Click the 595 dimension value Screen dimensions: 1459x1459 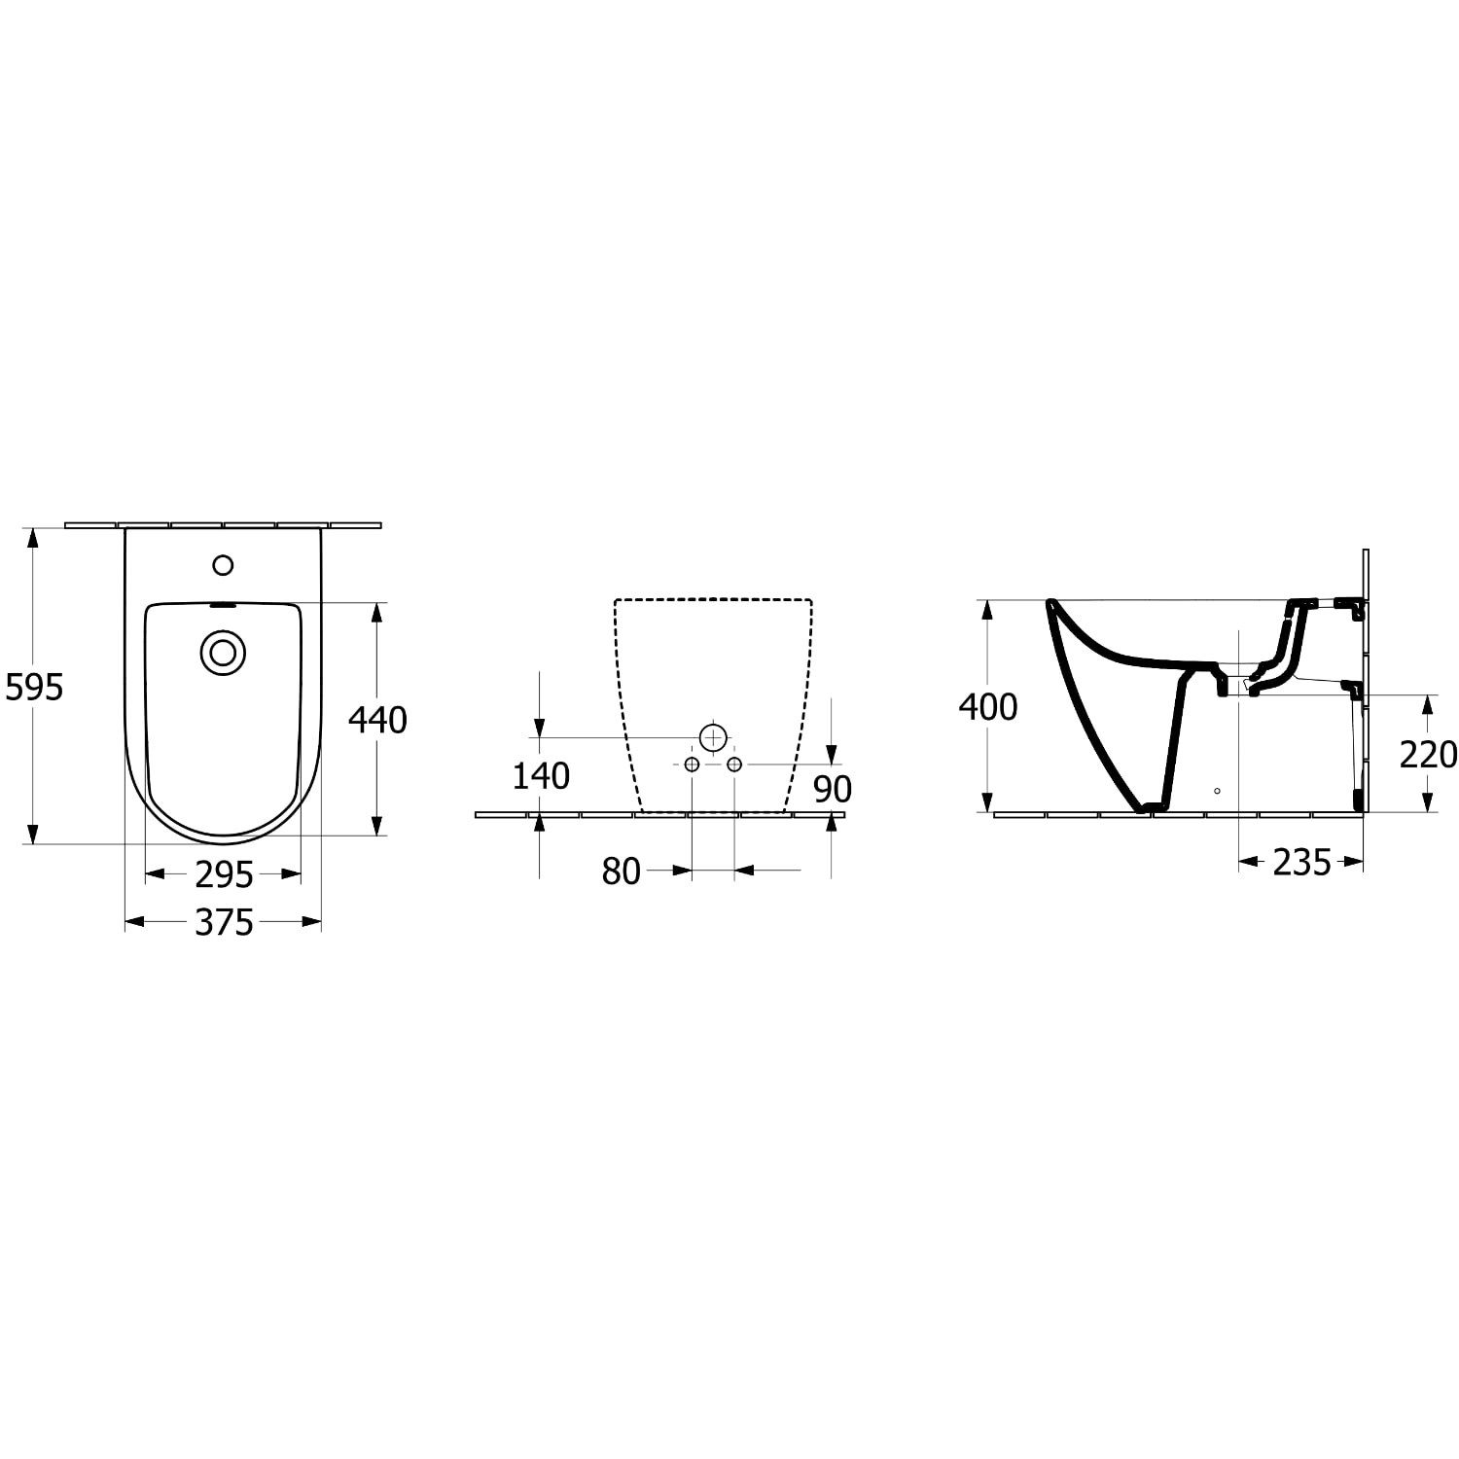click(x=34, y=688)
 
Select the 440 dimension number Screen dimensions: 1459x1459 click(x=377, y=720)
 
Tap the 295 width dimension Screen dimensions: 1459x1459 click(x=224, y=875)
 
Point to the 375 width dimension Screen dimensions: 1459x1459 click(x=224, y=922)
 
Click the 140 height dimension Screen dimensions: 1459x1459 click(x=541, y=776)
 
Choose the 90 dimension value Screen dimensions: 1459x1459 click(x=833, y=789)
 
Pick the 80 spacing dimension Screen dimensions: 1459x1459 click(x=621, y=872)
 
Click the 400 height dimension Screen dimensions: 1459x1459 click(x=988, y=707)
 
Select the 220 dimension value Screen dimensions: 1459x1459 click(x=1428, y=754)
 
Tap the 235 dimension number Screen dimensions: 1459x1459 click(x=1301, y=862)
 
